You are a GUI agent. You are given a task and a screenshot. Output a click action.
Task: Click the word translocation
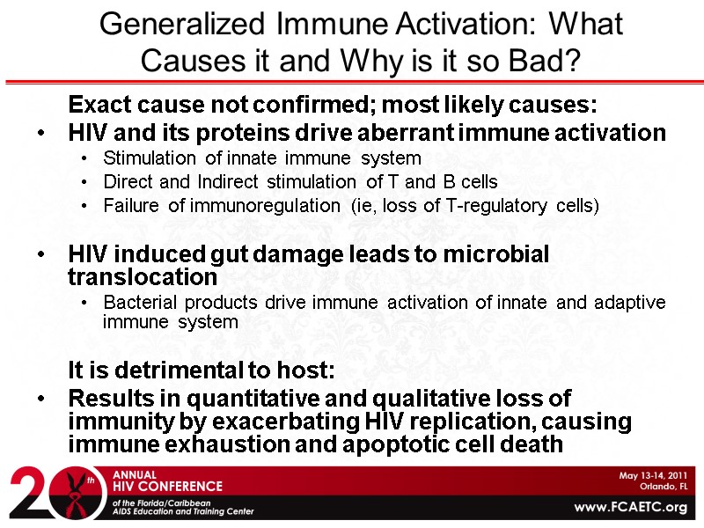pos(143,276)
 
